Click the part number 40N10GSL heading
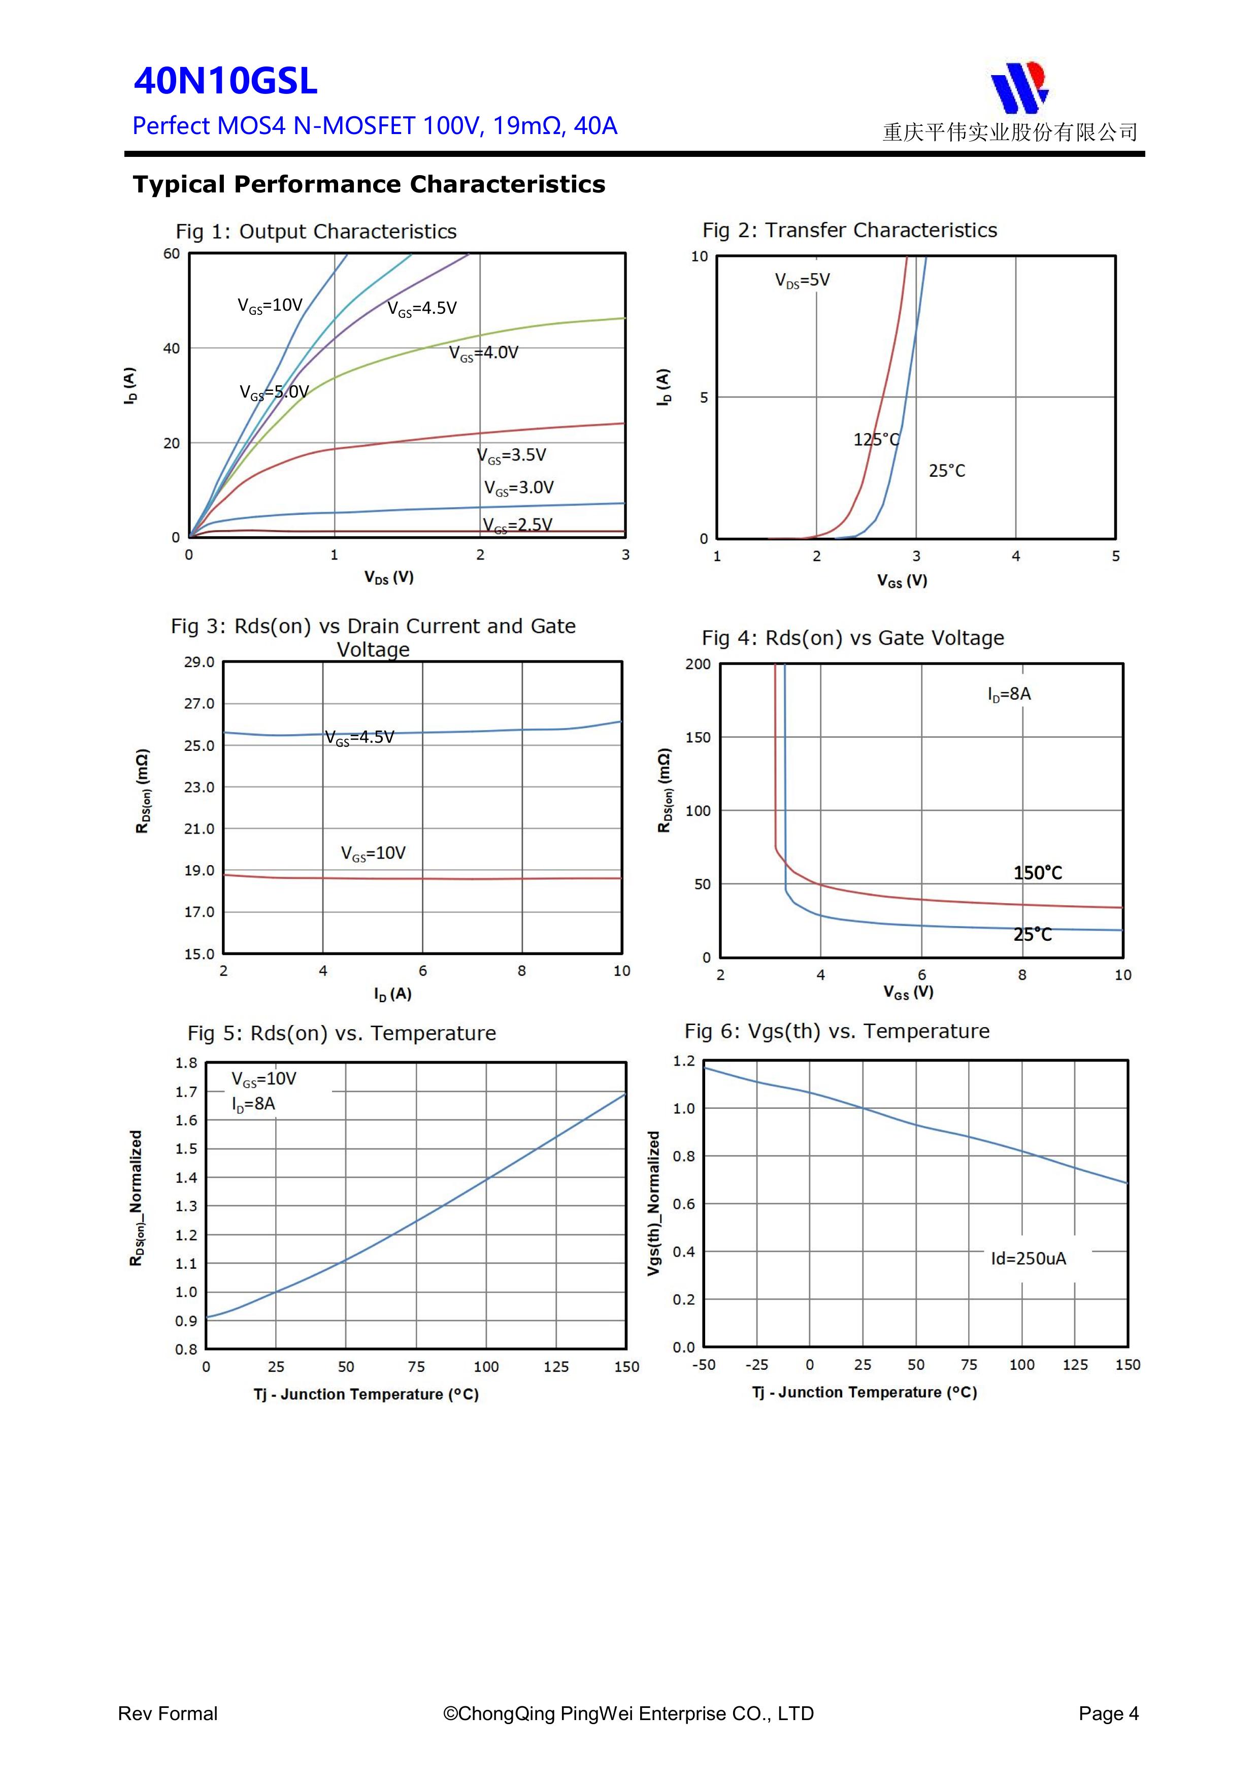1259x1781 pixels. [226, 81]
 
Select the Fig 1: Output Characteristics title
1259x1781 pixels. [316, 231]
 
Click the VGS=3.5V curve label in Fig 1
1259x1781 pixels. [511, 455]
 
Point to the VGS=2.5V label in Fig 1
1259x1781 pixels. [517, 525]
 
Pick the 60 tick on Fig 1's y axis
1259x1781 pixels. [172, 254]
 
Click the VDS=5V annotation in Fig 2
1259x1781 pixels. [802, 280]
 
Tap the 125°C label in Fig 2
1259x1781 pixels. [877, 440]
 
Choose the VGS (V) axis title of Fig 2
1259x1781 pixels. [902, 580]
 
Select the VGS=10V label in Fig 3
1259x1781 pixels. [373, 853]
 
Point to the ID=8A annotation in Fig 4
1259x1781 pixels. [1009, 694]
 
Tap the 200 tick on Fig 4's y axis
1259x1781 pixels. [698, 664]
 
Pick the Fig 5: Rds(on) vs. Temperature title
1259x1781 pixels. [341, 1033]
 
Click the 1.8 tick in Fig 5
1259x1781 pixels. [186, 1063]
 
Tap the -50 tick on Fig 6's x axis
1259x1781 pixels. [704, 1365]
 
